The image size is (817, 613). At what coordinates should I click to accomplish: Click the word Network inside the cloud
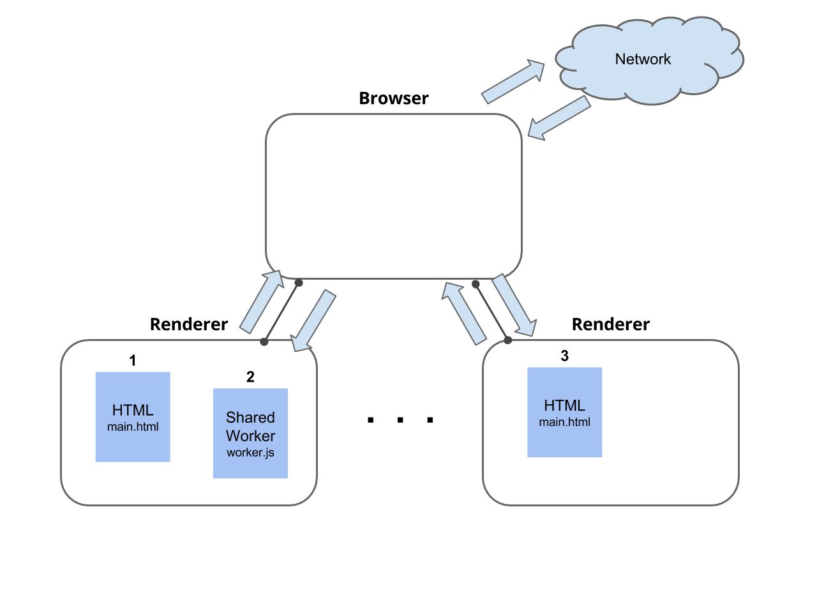643,59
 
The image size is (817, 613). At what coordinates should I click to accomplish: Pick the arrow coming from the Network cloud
558,118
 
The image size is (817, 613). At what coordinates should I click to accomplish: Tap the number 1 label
133,361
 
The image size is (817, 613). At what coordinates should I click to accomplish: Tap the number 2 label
250,377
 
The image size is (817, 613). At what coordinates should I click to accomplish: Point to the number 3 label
564,356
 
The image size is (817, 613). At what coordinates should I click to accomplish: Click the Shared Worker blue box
250,433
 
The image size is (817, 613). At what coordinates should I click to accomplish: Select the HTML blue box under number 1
133,416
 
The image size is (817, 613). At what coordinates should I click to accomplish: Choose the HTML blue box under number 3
564,412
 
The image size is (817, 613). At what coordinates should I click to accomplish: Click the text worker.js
250,453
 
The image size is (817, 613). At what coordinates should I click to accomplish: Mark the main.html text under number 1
133,427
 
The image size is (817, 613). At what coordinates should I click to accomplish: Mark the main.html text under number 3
564,422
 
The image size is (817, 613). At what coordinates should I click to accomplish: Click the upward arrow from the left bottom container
262,301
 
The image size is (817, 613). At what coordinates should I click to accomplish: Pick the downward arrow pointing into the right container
514,306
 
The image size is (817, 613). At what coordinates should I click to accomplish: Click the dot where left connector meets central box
298,283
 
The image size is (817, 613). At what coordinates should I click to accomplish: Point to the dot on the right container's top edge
507,340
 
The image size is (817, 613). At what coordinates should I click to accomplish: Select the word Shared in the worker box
250,418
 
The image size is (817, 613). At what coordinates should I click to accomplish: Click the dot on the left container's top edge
264,342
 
